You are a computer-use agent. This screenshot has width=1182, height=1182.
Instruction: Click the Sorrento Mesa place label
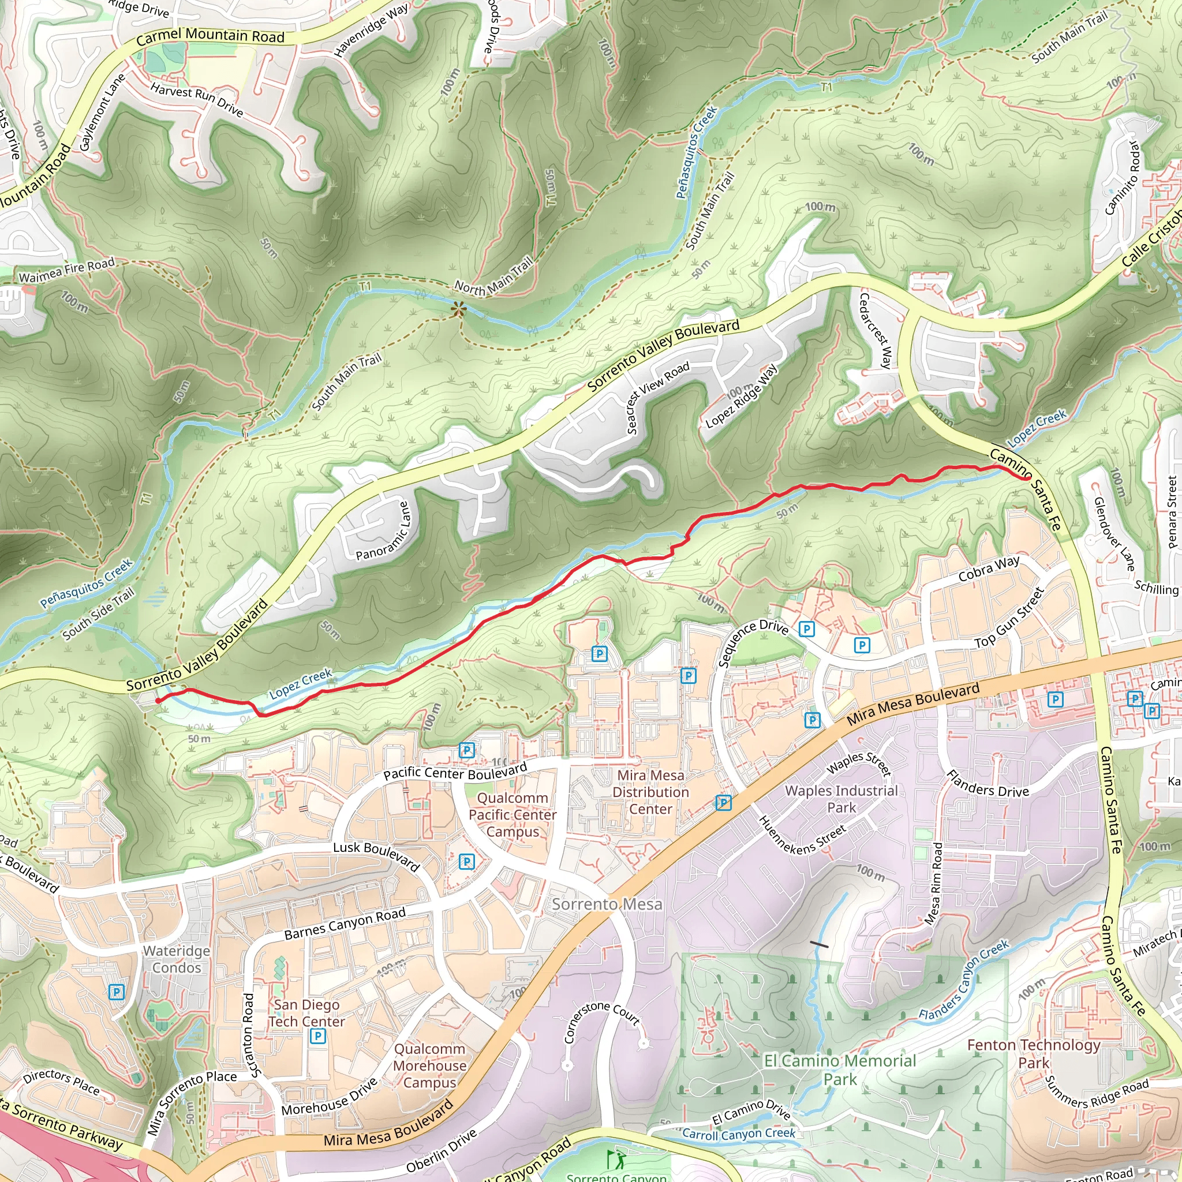pos(607,904)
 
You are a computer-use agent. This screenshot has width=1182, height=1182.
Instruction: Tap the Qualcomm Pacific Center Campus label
pos(513,815)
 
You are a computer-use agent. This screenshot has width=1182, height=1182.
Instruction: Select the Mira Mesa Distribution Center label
pos(650,792)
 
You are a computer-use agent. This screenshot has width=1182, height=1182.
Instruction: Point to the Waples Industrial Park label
pos(841,799)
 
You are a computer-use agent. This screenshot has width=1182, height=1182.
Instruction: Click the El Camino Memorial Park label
pos(840,1070)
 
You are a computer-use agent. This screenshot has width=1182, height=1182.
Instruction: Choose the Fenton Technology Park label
pos(1033,1053)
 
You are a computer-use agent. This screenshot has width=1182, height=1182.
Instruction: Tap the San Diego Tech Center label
pos(306,1013)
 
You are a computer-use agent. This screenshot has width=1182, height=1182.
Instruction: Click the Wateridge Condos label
pos(176,959)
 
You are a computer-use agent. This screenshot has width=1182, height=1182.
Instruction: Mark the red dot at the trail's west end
pos(158,701)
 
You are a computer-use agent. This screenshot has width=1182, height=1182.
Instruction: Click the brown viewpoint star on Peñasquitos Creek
pos(458,309)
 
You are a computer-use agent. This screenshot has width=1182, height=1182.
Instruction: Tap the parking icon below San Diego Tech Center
pos(317,1037)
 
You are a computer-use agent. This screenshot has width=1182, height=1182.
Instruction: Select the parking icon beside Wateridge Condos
pos(116,992)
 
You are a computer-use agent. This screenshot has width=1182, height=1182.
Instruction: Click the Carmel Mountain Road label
pos(210,36)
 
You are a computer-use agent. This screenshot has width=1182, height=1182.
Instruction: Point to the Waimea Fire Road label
pos(67,271)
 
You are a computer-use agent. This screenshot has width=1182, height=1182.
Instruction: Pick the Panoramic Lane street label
pos(384,531)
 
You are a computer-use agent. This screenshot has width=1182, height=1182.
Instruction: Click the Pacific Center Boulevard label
pos(455,772)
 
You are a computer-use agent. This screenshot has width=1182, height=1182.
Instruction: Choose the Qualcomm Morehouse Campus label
pos(429,1066)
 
